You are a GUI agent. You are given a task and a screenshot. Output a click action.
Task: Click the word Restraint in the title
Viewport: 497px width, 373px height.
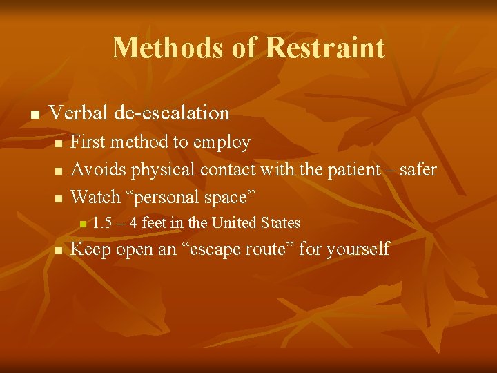[324, 48]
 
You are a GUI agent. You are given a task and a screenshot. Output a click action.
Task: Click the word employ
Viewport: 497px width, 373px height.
[222, 142]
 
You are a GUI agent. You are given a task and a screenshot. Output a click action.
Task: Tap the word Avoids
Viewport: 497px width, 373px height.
[99, 169]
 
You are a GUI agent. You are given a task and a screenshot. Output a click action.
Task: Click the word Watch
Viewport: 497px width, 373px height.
[96, 197]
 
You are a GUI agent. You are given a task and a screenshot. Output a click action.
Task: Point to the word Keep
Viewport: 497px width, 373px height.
[91, 249]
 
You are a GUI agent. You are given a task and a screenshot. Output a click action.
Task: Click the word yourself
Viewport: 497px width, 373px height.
[359, 249]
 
